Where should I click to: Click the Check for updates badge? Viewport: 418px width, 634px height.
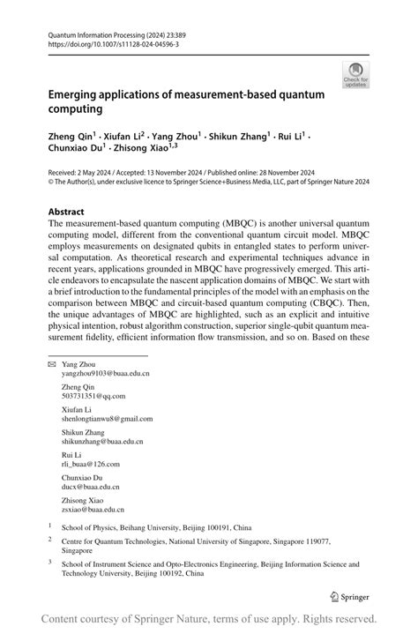[x=358, y=74]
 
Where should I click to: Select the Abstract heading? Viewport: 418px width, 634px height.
[x=66, y=212]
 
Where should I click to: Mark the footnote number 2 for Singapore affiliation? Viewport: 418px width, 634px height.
[x=50, y=538]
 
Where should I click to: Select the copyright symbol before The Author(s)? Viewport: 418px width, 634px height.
[x=51, y=183]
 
